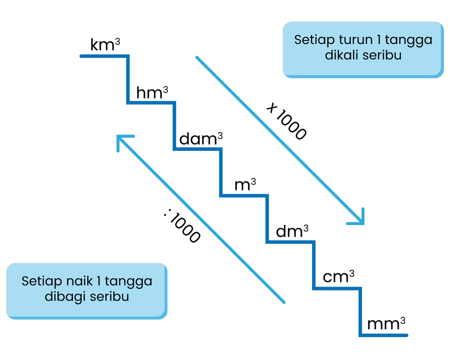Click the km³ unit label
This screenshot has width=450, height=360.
coord(105,46)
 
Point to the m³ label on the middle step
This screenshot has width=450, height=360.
coord(245,185)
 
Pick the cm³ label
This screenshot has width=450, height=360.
coord(338,278)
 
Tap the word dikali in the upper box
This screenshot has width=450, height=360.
coord(341,56)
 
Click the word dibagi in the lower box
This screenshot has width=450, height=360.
coord(65,297)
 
